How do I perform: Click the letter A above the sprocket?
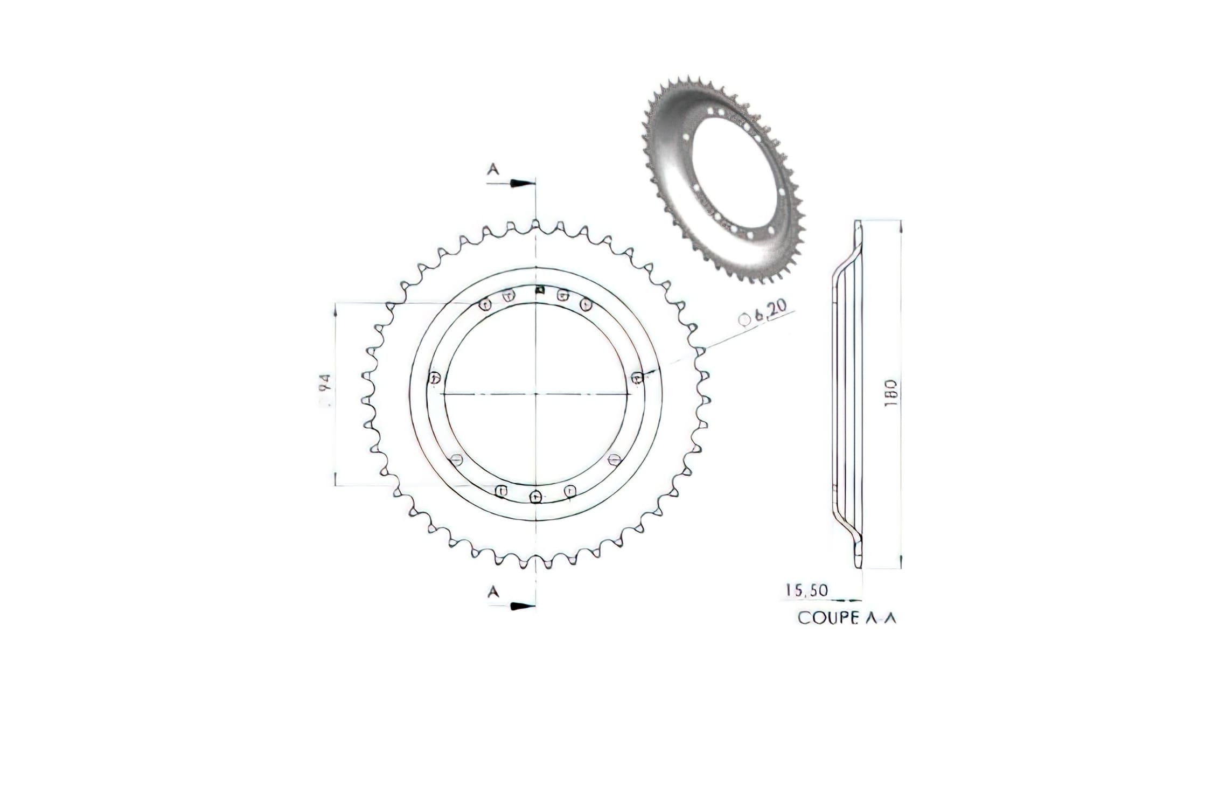493,170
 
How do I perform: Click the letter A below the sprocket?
493,592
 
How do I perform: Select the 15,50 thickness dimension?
806,590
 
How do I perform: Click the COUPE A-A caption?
847,618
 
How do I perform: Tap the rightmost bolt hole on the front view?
637,378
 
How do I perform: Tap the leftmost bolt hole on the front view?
435,378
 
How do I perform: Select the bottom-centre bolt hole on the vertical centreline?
535,497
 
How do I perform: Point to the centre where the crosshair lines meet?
536,394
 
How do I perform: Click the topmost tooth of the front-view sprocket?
535,225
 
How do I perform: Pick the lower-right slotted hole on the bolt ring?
614,459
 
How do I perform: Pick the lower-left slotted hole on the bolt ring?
457,459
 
